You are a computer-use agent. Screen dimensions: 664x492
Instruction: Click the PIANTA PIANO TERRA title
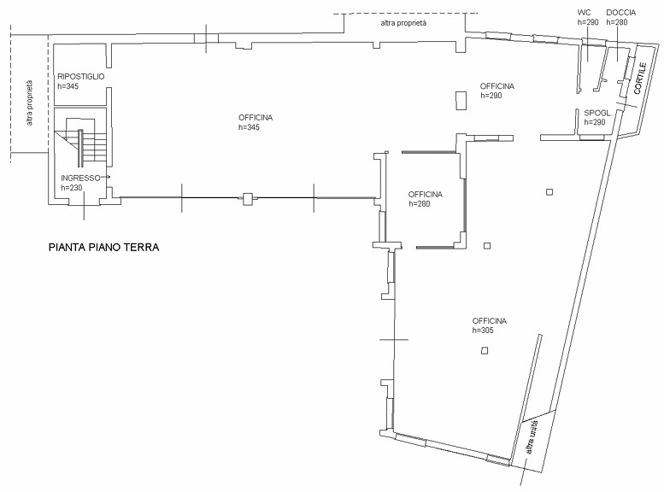coord(103,247)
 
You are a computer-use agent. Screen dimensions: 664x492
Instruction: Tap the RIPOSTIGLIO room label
coord(81,77)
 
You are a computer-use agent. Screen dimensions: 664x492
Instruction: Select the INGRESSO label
coord(80,178)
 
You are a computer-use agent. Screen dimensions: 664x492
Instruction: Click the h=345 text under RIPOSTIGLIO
coord(68,86)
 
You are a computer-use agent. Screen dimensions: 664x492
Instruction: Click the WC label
coord(584,13)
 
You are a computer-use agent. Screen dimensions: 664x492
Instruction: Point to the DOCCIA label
coord(620,13)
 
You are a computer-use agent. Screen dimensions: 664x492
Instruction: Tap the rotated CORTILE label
coord(639,79)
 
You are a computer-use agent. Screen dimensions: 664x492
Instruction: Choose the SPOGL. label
coord(598,113)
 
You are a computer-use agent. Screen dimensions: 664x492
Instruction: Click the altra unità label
coord(532,437)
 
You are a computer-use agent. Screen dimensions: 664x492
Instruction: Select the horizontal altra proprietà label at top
coord(403,23)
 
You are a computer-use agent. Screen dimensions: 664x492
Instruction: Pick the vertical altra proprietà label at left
coord(29,102)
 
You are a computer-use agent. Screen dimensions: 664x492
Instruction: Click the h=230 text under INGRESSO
coord(72,188)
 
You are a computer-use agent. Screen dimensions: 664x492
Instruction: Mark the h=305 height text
coord(483,331)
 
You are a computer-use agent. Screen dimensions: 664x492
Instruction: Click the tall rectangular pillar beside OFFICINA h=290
coord(461,101)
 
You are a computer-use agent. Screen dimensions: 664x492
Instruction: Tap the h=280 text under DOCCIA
coord(617,22)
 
